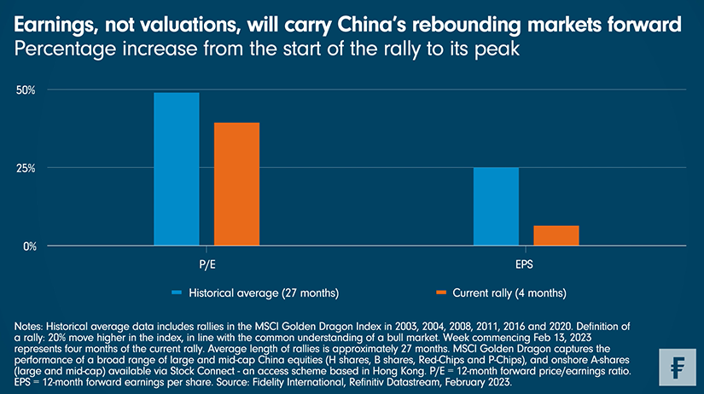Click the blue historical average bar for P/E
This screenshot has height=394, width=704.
[x=176, y=169]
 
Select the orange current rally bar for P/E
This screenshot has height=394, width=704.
[x=236, y=184]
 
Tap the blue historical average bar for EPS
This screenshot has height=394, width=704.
[x=496, y=206]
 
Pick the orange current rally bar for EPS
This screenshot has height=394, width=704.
[x=556, y=235]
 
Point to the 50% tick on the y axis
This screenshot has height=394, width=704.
[x=26, y=90]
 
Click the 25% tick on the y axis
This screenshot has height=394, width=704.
[x=26, y=168]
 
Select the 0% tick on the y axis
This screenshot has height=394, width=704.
[x=28, y=246]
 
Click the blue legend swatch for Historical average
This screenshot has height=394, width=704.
[x=177, y=293]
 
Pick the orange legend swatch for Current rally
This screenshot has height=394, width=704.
[x=442, y=293]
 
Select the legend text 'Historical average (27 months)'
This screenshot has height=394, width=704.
[x=265, y=293]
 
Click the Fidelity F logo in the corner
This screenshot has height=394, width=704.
[x=674, y=364]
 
